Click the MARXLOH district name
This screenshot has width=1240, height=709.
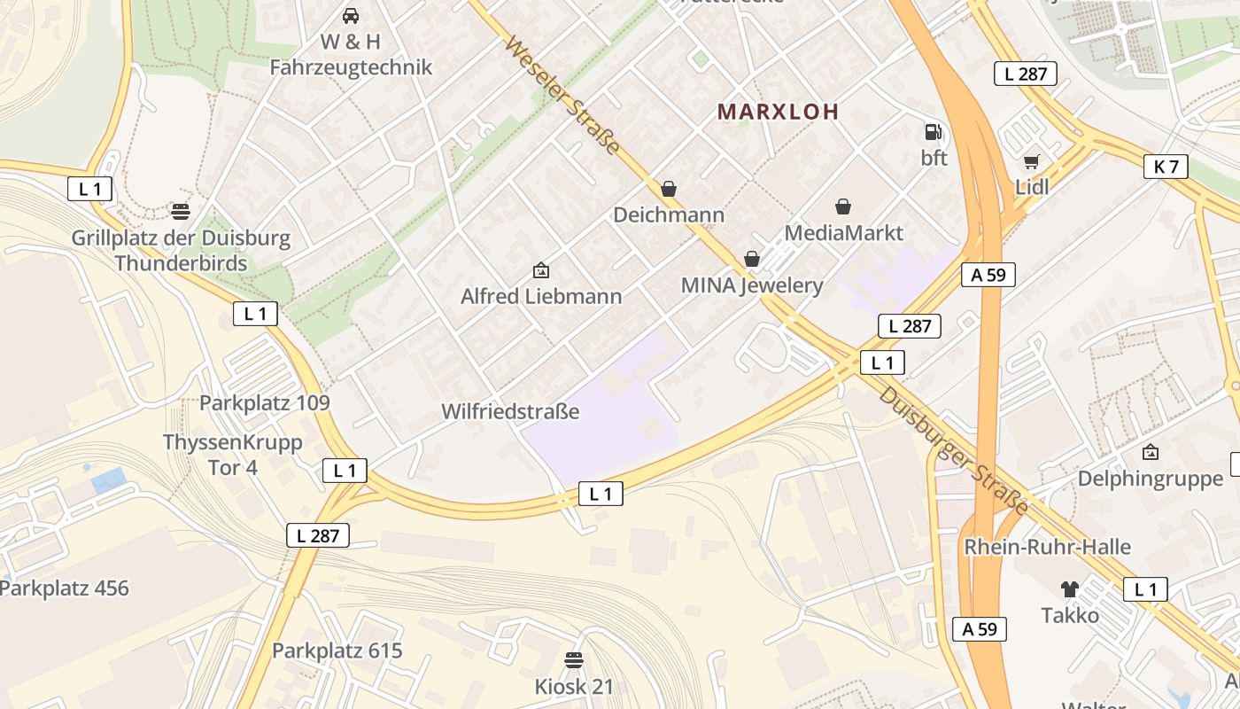point(778,112)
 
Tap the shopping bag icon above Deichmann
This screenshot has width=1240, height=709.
point(669,189)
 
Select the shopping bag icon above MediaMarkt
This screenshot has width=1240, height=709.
point(843,206)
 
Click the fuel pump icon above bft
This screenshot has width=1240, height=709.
point(933,132)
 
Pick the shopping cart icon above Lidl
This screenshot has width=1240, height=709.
point(1031,161)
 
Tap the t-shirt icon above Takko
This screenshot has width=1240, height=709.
point(1070,589)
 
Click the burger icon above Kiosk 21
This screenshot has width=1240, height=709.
point(574,660)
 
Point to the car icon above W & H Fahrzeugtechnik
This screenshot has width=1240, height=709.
point(351,16)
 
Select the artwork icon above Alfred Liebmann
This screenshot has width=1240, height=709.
point(540,270)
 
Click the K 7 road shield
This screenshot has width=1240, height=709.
point(1166,166)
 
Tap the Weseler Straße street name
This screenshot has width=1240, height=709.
point(562,95)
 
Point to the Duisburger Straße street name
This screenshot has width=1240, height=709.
point(954,451)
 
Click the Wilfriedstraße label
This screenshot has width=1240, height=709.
point(510,412)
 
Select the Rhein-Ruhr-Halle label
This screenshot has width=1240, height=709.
point(1047,547)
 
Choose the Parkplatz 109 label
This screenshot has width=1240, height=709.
point(264,403)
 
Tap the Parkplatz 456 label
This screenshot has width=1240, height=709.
point(65,588)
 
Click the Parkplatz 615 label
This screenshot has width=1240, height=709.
point(337,651)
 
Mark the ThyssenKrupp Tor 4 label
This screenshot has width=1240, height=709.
point(233,454)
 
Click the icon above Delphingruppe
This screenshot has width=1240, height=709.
point(1150,453)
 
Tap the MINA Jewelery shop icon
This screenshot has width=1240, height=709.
point(752,259)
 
